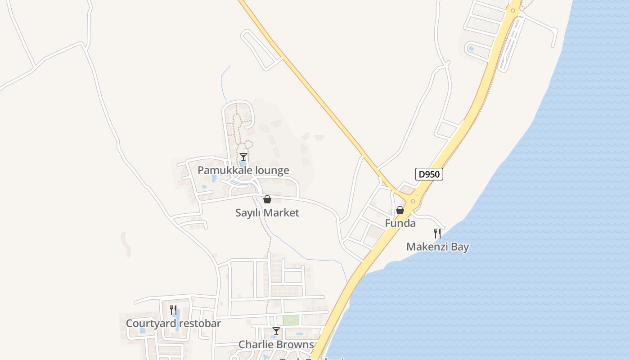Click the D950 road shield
(x=429, y=174)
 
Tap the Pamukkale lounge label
(x=243, y=171)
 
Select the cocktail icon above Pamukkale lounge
(x=243, y=157)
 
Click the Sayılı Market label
(x=267, y=213)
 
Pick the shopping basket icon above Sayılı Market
(x=267, y=199)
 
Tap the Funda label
(x=400, y=224)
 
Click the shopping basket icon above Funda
(x=400, y=210)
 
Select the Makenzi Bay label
(x=437, y=247)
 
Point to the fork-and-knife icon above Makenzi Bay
(x=437, y=233)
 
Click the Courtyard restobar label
(x=173, y=324)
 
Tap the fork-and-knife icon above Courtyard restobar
(x=173, y=310)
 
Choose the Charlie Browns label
(x=276, y=345)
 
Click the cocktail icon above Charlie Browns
(x=276, y=331)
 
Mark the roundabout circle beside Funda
(x=413, y=201)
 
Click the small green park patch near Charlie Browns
(x=291, y=320)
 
